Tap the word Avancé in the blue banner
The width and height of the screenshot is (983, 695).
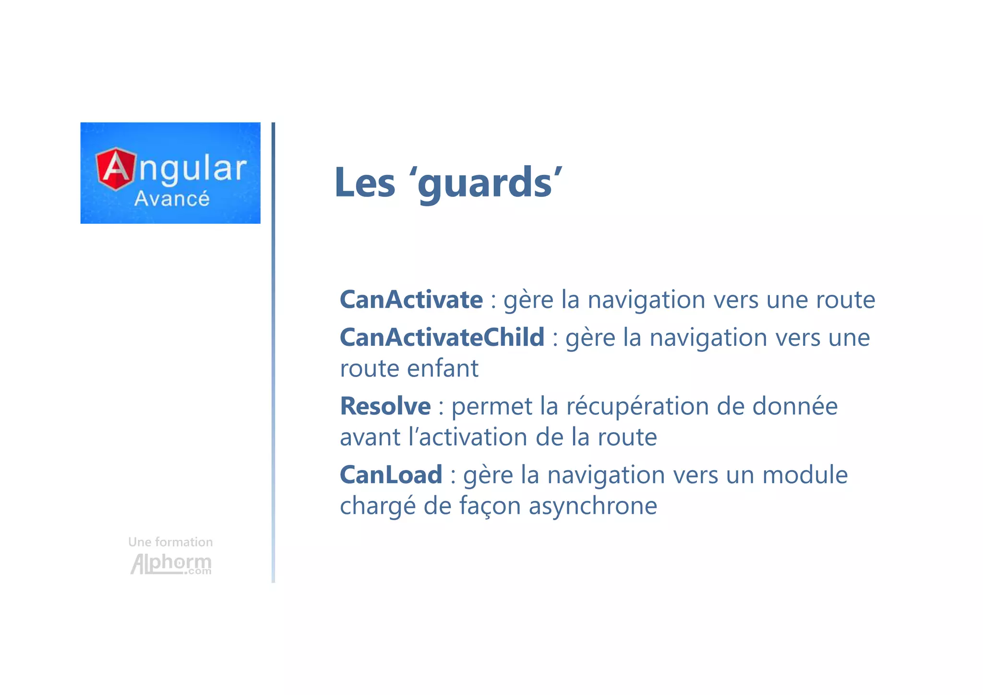pos(172,199)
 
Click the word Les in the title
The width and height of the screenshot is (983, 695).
pos(365,183)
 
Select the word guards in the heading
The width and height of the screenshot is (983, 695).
pos(485,183)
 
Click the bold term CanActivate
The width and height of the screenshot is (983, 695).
pos(411,300)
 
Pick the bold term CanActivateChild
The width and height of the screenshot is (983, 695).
pos(442,337)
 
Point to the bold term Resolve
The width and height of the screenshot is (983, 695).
pos(385,406)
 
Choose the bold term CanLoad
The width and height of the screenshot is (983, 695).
pos(391,475)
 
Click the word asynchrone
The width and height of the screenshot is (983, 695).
pos(593,506)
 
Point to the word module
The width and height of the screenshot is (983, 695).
pos(805,475)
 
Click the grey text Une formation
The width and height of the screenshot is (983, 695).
pos(170,542)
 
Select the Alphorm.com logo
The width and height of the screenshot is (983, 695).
pos(171,564)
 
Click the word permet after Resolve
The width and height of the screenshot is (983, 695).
pos(491,407)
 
